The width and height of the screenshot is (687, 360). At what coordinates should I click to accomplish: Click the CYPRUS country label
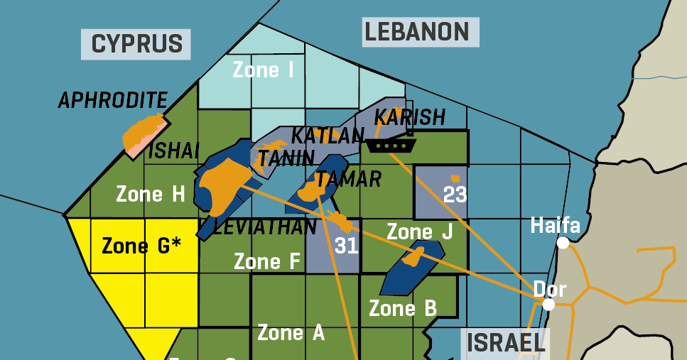click(136, 43)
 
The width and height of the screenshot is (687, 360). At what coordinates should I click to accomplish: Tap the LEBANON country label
click(417, 32)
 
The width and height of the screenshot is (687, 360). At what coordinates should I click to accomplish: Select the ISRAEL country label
click(506, 343)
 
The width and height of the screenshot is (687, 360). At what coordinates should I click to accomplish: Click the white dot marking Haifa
click(563, 243)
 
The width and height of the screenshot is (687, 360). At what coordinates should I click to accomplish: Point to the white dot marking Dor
click(548, 305)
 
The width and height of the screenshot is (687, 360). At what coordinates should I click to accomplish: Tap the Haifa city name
click(556, 226)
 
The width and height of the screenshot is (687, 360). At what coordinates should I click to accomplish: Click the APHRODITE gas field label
click(113, 100)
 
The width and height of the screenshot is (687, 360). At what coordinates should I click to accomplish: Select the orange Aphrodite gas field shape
click(141, 133)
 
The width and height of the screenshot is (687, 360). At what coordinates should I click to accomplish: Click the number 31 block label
click(346, 246)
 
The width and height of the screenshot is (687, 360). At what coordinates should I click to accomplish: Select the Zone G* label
click(141, 246)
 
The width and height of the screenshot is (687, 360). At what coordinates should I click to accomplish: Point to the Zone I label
click(263, 70)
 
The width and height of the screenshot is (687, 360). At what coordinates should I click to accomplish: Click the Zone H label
click(150, 194)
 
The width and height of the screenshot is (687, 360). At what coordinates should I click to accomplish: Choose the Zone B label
click(402, 308)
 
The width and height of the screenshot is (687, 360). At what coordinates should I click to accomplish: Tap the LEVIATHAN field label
click(264, 227)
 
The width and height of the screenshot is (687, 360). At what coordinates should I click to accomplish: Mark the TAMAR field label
click(348, 179)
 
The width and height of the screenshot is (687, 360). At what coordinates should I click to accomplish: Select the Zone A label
click(291, 332)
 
